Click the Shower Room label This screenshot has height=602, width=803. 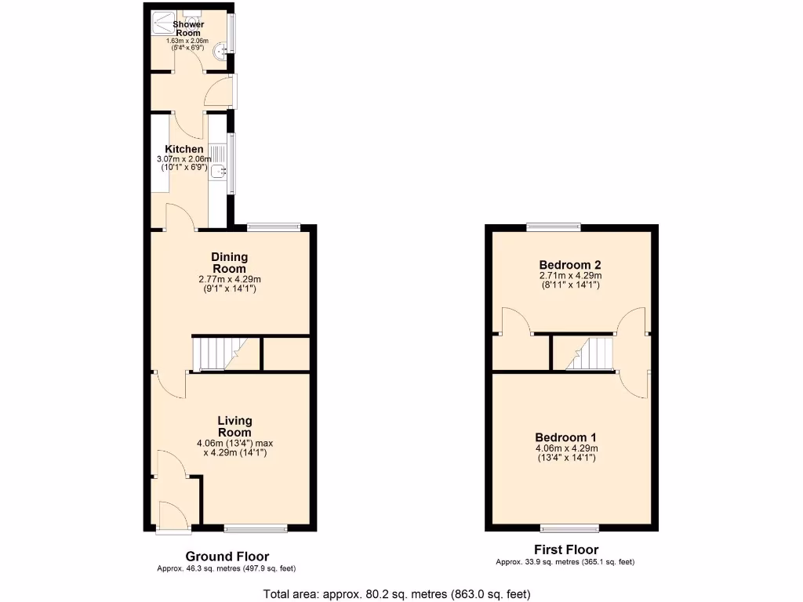click(188, 29)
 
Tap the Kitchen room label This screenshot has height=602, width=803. click(184, 149)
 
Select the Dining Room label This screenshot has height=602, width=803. click(229, 263)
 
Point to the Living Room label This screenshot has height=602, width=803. click(234, 426)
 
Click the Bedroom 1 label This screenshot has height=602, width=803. click(566, 437)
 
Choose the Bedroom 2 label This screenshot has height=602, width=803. click(570, 265)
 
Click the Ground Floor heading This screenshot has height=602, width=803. click(227, 557)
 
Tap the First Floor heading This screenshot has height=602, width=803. click(565, 550)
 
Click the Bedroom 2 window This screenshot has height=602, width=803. click(554, 227)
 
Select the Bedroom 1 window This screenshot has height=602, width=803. click(569, 527)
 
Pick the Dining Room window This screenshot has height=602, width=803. click(274, 227)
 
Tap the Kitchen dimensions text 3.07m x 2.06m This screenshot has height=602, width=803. click(184, 158)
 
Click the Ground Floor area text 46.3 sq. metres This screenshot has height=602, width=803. click(227, 568)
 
